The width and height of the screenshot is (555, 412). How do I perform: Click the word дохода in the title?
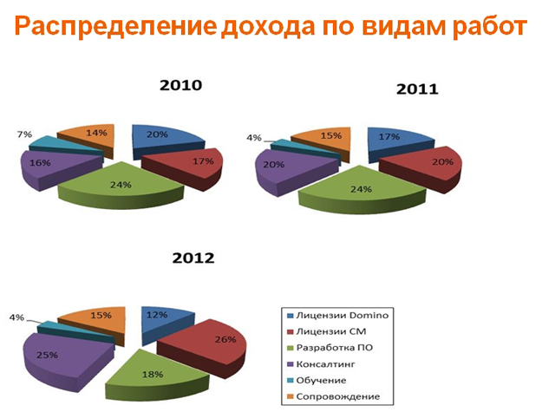[x=268, y=27]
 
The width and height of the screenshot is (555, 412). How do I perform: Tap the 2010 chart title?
[x=181, y=85]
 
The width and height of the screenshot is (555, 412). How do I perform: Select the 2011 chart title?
[x=417, y=88]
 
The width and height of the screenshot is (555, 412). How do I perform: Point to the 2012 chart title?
[x=193, y=258]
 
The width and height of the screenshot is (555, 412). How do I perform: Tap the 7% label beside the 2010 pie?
[x=24, y=134]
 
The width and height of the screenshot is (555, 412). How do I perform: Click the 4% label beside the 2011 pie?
[x=254, y=138]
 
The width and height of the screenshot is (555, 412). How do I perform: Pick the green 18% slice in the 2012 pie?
[x=156, y=376]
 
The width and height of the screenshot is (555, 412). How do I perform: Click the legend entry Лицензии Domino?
[x=337, y=316]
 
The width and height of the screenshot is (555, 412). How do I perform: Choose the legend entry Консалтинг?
[x=321, y=364]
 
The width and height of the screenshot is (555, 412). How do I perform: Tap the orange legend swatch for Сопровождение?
[x=291, y=396]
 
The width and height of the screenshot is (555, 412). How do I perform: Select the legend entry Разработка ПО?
[x=330, y=348]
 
